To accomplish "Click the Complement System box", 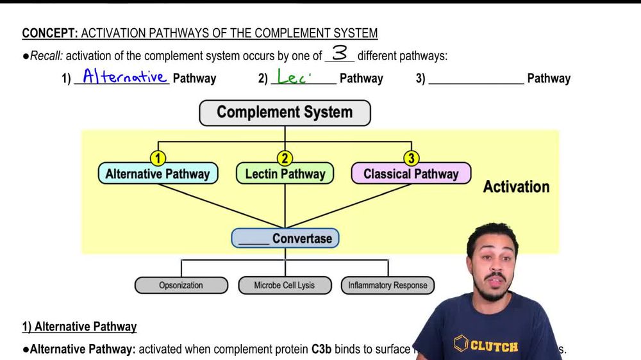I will tap(285, 113).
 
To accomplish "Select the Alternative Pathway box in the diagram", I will tap(158, 174).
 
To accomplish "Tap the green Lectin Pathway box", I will tap(285, 174).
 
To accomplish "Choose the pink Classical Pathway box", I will tap(411, 174).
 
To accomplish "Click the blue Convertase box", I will tap(285, 238).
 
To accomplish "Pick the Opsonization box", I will tap(181, 285).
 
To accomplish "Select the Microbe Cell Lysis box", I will tap(285, 285).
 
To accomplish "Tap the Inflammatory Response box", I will tap(387, 285).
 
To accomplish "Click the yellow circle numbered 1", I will tap(158, 158).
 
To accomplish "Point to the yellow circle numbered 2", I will tap(285, 158).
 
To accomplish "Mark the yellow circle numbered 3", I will tap(411, 158).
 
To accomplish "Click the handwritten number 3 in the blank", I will tap(339, 53).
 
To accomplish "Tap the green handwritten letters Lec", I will tap(294, 78).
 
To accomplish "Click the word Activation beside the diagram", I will tap(516, 187).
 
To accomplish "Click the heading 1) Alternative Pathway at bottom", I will tap(79, 327).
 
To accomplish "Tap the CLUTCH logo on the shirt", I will tap(486, 345).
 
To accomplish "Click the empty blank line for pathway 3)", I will tap(476, 79).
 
